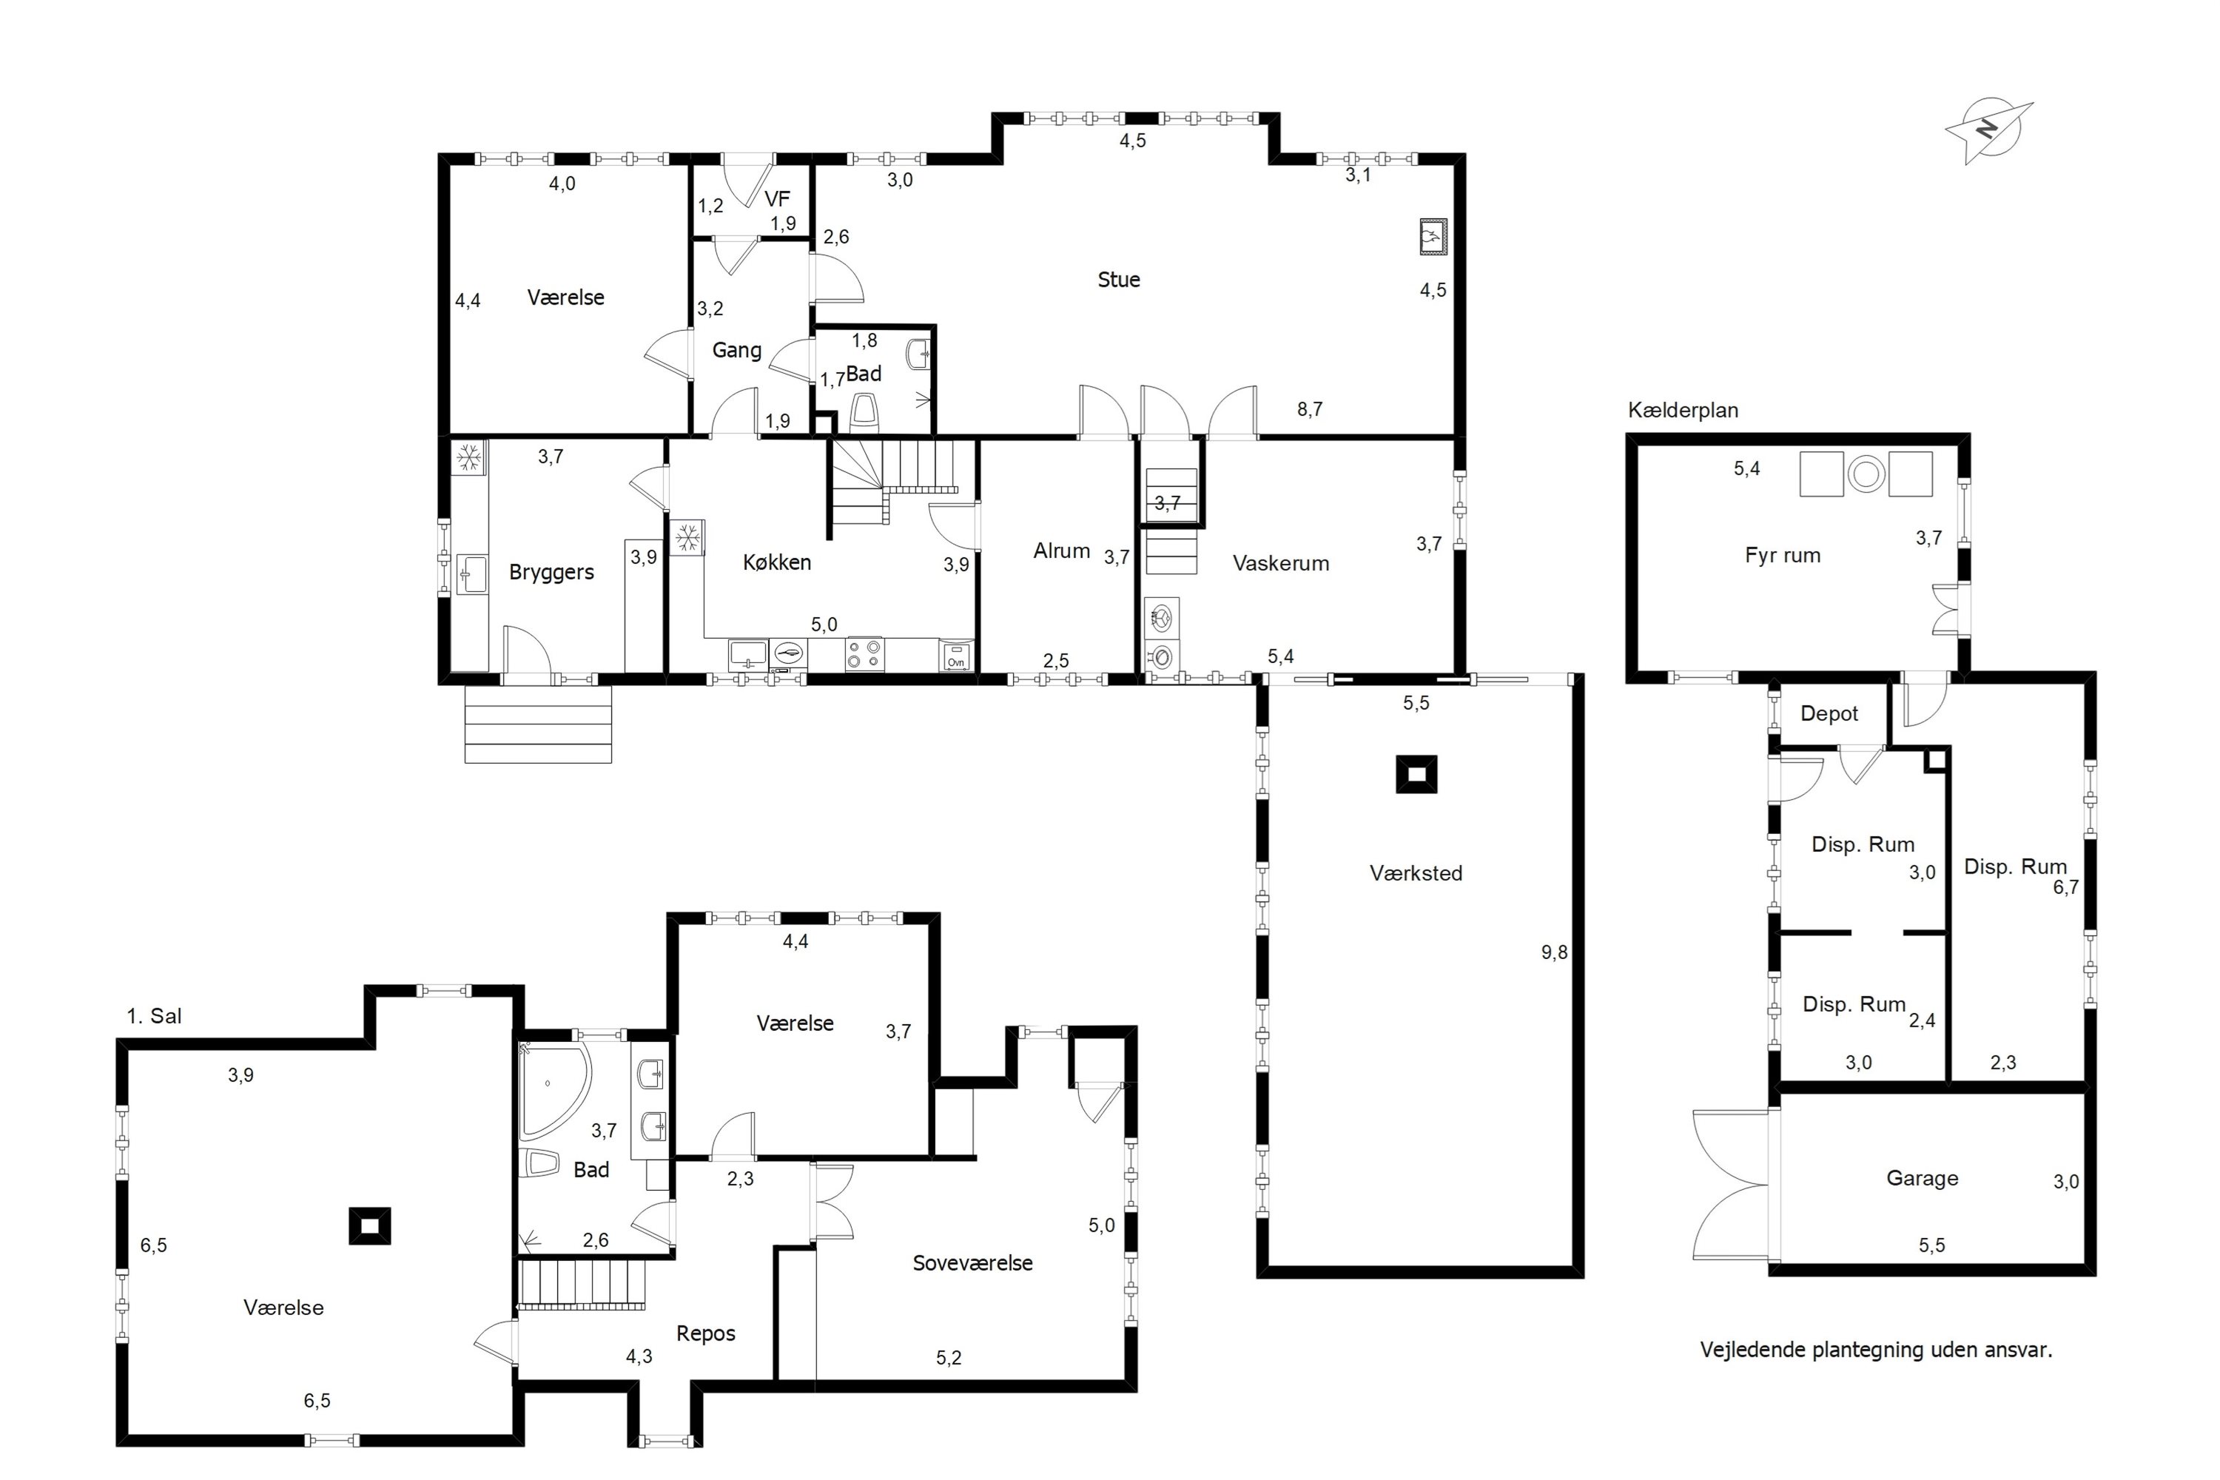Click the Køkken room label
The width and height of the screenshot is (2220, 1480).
777,562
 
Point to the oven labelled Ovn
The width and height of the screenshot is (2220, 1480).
957,656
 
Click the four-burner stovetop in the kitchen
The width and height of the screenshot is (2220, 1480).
864,654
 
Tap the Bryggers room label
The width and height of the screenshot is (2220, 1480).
551,572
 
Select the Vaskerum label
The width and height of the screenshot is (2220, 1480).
1281,563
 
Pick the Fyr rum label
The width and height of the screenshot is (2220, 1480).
1782,556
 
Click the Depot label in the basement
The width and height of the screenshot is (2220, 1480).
1829,713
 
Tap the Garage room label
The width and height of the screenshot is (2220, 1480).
1922,1178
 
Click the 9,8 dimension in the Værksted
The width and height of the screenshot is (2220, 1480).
1555,952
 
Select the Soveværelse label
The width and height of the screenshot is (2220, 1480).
972,1263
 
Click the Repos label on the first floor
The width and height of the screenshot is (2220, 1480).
706,1333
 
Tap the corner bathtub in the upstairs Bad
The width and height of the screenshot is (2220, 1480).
552,1090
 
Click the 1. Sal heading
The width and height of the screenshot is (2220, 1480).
154,1017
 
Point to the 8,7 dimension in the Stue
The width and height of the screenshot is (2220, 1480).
1309,410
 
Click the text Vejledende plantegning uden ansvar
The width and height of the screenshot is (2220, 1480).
1877,1350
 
